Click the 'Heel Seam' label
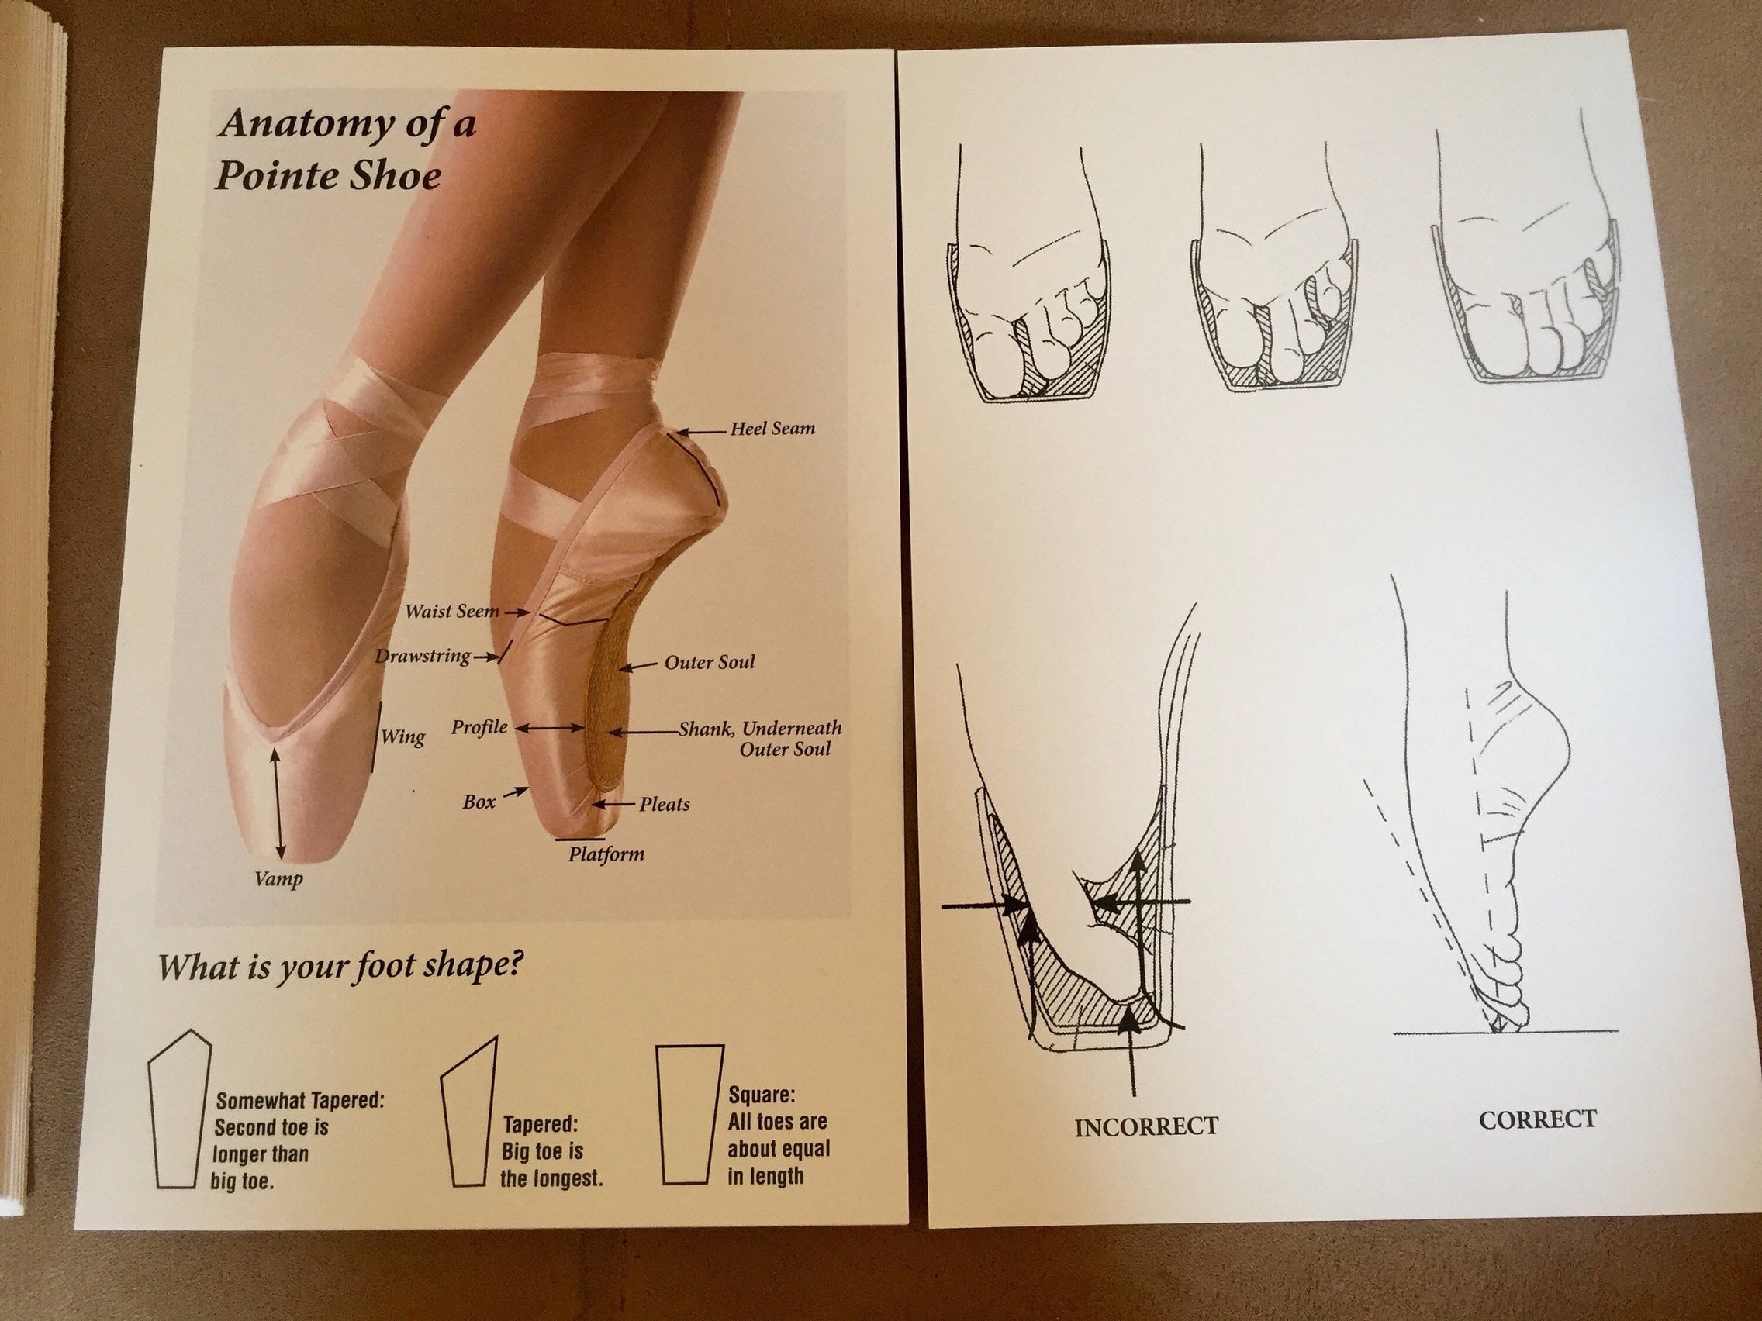[x=772, y=429]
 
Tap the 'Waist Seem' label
[x=451, y=612]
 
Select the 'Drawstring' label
[x=422, y=656]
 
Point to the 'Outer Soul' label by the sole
[x=709, y=662]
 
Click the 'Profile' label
[x=479, y=727]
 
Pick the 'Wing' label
[x=402, y=736]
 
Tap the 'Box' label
[x=479, y=802]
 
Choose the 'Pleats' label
[x=664, y=804]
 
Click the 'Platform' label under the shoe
[x=606, y=854]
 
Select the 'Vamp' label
[x=278, y=879]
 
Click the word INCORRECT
[x=1145, y=1126]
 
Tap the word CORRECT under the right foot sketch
[x=1537, y=1119]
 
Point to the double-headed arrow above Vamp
[x=276, y=805]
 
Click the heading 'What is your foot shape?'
[x=340, y=967]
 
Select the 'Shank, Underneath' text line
[x=759, y=728]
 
